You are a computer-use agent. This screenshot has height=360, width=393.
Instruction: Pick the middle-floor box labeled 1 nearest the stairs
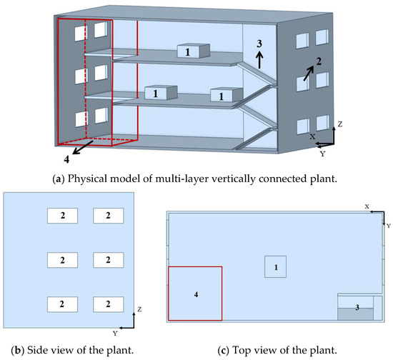[221, 95]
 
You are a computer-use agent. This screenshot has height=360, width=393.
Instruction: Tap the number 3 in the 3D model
[259, 44]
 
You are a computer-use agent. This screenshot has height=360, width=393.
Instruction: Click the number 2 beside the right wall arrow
[319, 61]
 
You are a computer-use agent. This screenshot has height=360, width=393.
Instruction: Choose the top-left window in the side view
[62, 215]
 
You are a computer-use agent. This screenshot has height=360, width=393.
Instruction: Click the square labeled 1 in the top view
[275, 266]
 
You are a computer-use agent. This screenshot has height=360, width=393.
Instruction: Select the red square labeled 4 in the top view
[195, 294]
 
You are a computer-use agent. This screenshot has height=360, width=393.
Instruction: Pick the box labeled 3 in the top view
[356, 308]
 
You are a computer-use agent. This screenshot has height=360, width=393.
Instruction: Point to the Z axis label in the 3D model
[340, 124]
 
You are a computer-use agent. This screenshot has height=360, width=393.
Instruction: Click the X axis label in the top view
[367, 206]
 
